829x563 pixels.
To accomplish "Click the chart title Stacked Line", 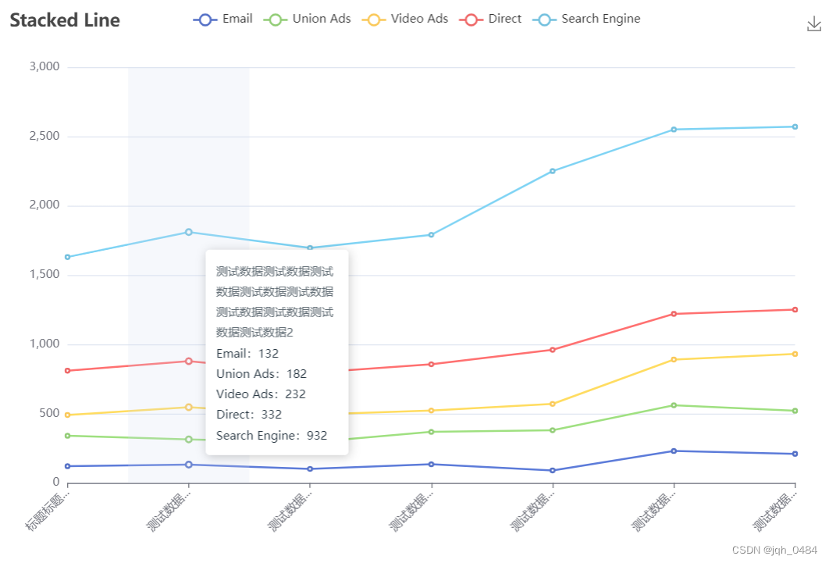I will click(x=65, y=20).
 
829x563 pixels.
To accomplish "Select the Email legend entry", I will click(x=223, y=19).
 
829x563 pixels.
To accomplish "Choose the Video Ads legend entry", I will click(x=406, y=19).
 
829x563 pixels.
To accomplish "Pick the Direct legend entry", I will click(x=492, y=19).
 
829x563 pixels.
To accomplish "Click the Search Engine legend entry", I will click(x=587, y=19).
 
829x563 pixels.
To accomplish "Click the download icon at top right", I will click(x=814, y=25).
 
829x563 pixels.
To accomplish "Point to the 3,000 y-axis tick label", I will click(x=44, y=67).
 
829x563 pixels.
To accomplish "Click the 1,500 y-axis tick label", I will click(x=44, y=275).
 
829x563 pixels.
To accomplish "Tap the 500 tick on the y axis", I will click(x=49, y=413).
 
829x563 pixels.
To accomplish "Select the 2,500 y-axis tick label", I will click(x=44, y=137).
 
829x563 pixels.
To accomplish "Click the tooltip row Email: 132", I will click(x=247, y=354).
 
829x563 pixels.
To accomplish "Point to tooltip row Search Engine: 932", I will click(x=272, y=436).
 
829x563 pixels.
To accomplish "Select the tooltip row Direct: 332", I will click(x=249, y=415).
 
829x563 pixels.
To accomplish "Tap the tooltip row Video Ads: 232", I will click(x=261, y=394).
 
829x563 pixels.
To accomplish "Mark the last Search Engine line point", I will click(x=795, y=126).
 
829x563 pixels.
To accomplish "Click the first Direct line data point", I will click(x=68, y=370).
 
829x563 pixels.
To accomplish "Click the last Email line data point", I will click(x=795, y=454).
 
